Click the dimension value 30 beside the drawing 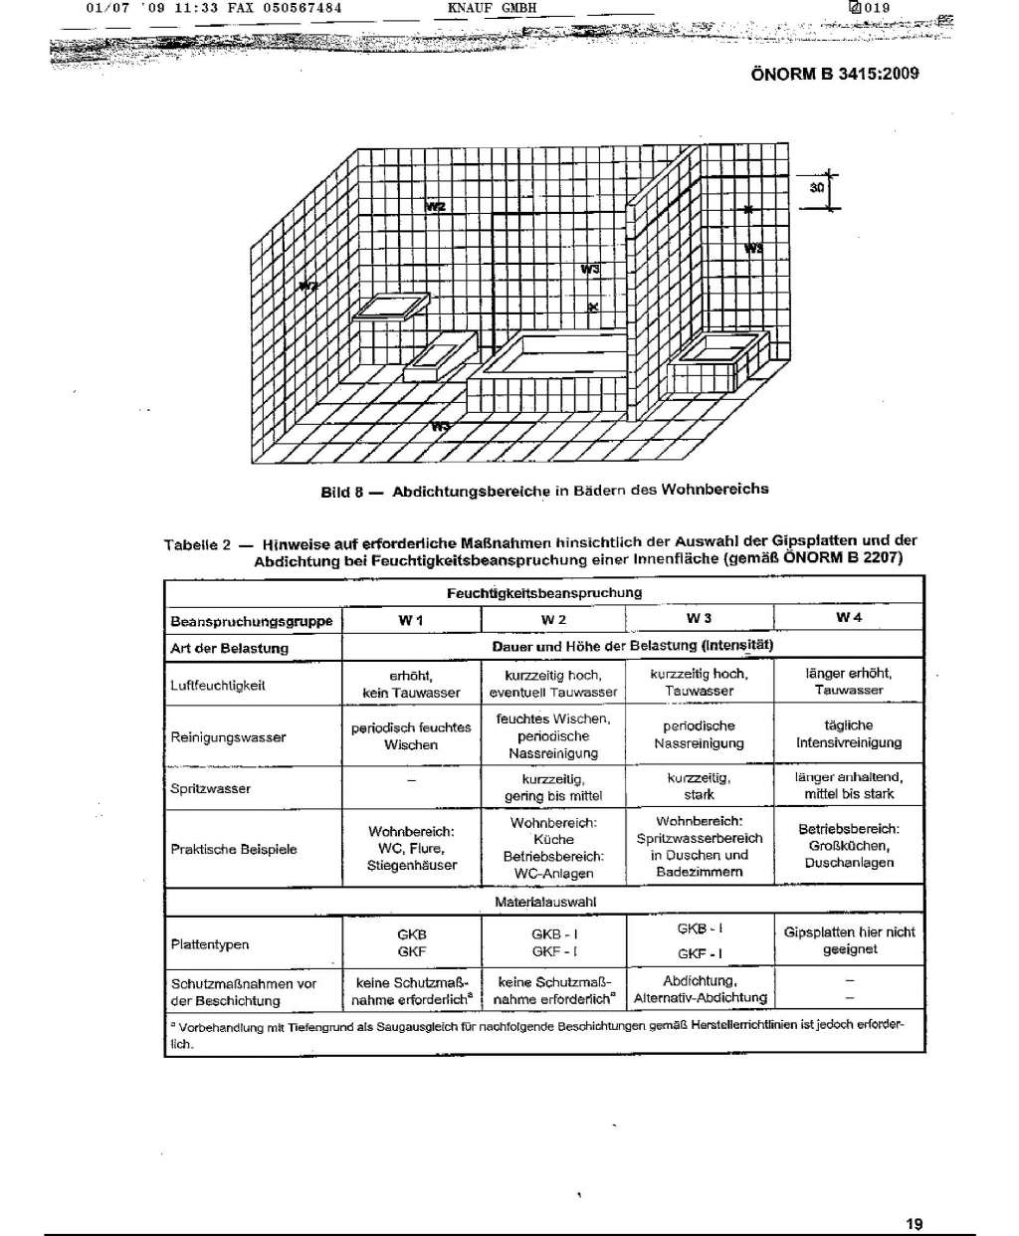tap(816, 187)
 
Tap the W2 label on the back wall tap(435, 206)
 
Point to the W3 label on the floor tap(441, 426)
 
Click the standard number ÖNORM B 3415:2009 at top tap(834, 74)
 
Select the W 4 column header tap(849, 618)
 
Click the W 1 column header tap(411, 620)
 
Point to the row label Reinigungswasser tap(228, 737)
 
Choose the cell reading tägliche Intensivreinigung tap(848, 734)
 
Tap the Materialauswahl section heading tap(544, 902)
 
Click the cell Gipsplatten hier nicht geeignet tap(849, 940)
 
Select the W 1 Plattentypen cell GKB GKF tap(411, 943)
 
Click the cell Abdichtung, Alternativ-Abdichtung tap(700, 989)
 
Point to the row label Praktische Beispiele tap(233, 849)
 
